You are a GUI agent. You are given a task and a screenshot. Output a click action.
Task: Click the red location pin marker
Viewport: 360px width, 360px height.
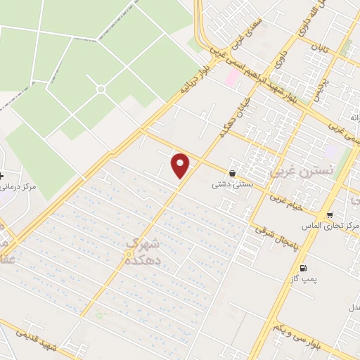181,165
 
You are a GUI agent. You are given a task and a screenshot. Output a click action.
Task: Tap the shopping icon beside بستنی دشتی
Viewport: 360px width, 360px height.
232,173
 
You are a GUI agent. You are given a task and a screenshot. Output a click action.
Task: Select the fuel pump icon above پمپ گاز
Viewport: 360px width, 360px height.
303,268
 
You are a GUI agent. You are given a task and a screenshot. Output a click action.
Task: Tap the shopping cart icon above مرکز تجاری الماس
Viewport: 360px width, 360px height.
330,214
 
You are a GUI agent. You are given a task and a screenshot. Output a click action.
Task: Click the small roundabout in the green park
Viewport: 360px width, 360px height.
101,89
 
